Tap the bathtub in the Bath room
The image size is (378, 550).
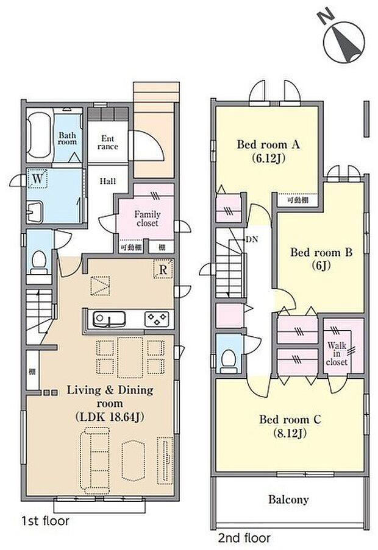(40, 136)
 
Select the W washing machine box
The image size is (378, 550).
(38, 180)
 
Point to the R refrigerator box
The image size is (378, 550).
(163, 269)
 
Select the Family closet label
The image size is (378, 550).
(147, 219)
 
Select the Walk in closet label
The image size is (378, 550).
(337, 353)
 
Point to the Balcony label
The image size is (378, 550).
(288, 499)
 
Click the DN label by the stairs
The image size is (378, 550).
(252, 239)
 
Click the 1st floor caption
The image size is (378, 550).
(45, 521)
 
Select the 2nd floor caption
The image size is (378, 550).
(244, 538)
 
